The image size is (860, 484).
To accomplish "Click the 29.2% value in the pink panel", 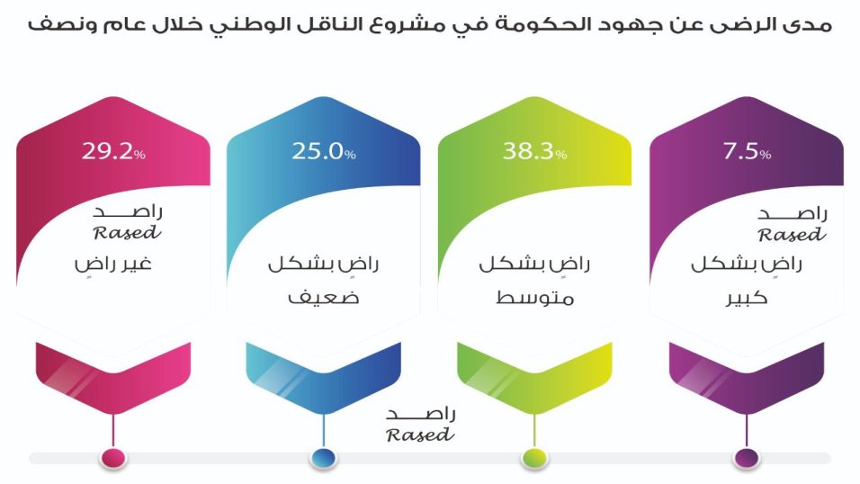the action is [113, 151].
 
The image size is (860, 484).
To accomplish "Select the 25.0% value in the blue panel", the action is [324, 151].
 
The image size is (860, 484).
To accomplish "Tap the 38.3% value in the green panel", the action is [534, 151].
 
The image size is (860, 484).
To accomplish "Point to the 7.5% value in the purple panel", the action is [747, 151].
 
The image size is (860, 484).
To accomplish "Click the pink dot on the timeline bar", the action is [113, 457].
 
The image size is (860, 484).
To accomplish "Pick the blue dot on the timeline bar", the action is [324, 457].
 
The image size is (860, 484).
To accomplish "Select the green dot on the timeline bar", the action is [534, 457].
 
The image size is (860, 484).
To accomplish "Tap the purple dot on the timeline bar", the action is [747, 457].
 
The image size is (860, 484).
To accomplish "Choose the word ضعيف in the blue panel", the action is [324, 298].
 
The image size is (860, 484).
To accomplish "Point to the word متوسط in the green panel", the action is [534, 298].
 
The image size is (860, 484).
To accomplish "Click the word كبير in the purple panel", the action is [747, 298].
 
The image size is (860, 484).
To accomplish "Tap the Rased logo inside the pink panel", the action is [128, 223].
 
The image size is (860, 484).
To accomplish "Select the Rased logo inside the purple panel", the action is [792, 225].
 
